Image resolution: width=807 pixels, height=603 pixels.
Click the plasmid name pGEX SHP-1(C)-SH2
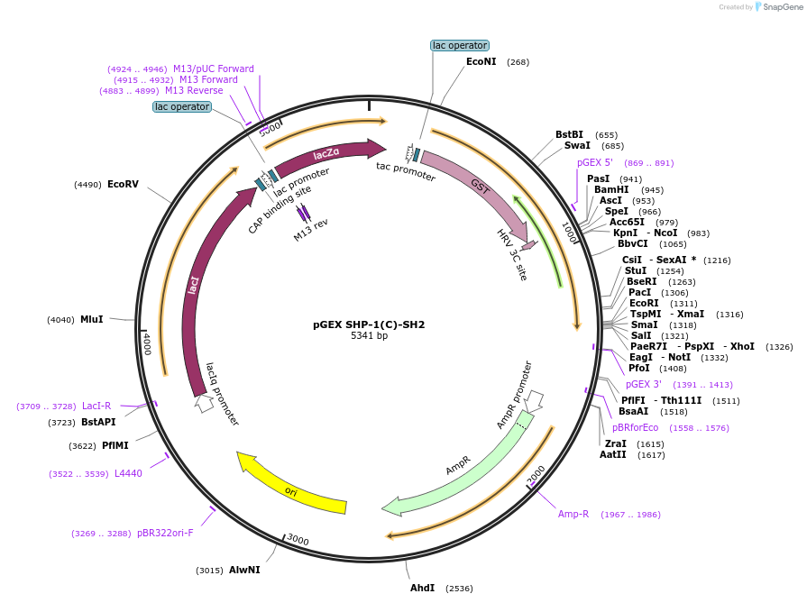tap(369, 324)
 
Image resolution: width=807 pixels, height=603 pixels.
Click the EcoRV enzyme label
tap(123, 184)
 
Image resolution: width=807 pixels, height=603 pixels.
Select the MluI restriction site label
tap(92, 319)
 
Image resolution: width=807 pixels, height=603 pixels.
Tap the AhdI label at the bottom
tap(422, 588)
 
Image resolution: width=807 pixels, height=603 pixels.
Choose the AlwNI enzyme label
tap(244, 570)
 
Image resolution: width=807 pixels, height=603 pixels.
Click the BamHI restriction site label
tap(611, 189)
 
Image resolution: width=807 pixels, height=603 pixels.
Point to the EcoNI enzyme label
tap(481, 62)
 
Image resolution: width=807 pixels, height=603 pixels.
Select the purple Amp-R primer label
tap(573, 514)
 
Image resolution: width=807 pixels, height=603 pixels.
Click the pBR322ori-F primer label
tap(165, 533)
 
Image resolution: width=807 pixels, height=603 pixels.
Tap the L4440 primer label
tap(128, 473)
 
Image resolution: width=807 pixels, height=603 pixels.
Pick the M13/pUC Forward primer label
tap(214, 69)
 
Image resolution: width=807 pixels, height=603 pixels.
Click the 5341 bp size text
tap(369, 336)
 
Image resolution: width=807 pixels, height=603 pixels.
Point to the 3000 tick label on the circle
tap(298, 540)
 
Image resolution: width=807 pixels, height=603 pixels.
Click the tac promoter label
tap(406, 170)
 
